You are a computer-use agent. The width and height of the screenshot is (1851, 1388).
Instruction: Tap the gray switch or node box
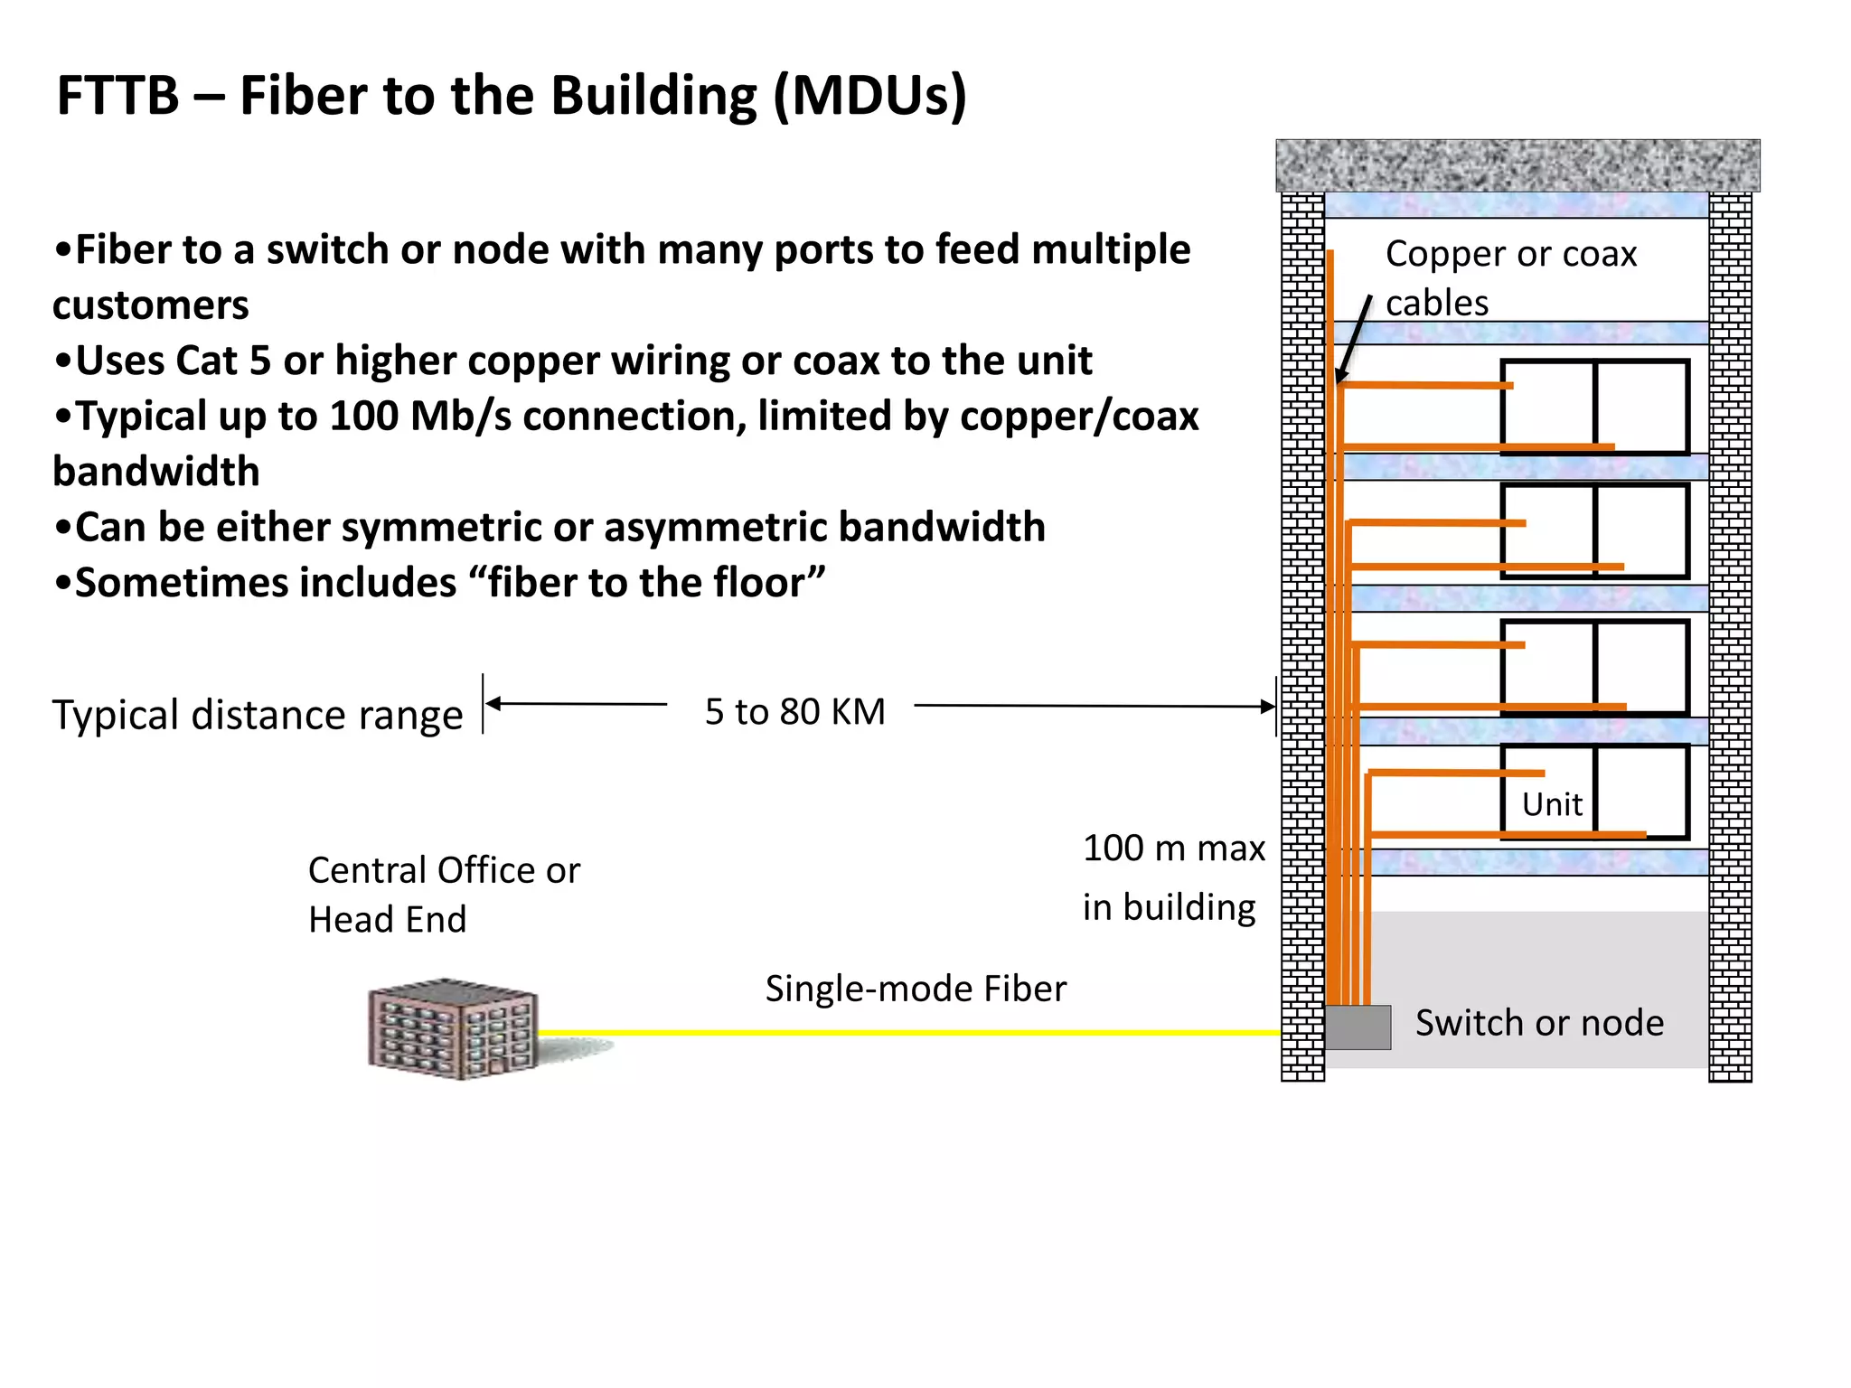tap(1358, 1027)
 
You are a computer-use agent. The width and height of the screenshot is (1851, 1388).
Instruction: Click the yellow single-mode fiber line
tap(904, 1032)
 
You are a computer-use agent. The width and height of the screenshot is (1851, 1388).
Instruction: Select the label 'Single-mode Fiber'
tap(915, 989)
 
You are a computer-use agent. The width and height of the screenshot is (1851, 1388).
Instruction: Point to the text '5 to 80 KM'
tap(794, 712)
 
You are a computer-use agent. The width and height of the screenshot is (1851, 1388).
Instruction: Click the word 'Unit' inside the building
tap(1551, 804)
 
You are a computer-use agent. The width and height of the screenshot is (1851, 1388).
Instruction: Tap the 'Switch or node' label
tap(1539, 1023)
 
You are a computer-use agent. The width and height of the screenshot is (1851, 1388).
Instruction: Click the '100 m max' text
tap(1173, 849)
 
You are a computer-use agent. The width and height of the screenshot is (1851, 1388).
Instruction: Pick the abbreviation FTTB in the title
tap(117, 95)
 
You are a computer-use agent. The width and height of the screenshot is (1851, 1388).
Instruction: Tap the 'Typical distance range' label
tap(257, 715)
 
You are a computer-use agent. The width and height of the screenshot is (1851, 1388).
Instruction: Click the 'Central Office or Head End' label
tap(443, 895)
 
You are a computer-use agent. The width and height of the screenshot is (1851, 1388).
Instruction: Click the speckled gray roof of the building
tap(1517, 165)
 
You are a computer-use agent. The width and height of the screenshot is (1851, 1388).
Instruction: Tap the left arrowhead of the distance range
tap(493, 703)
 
